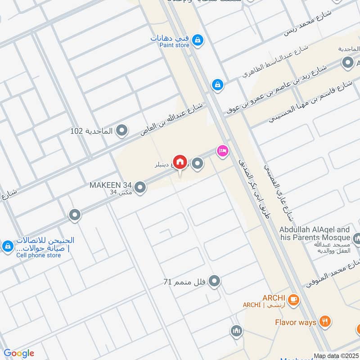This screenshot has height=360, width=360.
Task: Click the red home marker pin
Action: point(180,161)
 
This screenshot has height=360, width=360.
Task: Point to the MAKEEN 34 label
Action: point(110,185)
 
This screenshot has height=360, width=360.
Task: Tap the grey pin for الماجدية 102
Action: point(121,131)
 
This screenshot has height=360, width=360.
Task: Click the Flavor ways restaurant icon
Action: point(325,321)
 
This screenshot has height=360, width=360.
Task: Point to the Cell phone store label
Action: point(38,255)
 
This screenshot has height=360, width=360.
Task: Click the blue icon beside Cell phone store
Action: point(7,247)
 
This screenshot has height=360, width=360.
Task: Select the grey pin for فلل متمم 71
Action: point(215,282)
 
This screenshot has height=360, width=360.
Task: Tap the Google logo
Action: point(19,353)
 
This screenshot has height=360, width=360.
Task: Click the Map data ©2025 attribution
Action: point(336,356)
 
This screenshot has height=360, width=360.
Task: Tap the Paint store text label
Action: point(174,45)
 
